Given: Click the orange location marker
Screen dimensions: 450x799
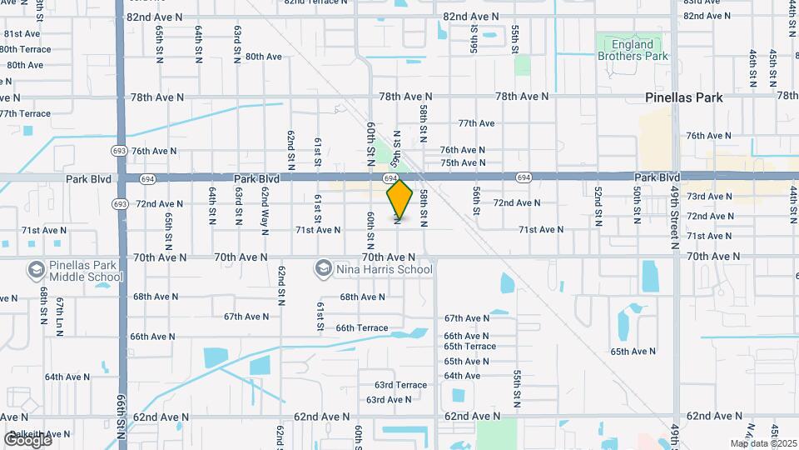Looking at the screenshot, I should point(400,199).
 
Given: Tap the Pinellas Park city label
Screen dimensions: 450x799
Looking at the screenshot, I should point(684,97).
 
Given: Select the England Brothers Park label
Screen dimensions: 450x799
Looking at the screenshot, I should point(633,50).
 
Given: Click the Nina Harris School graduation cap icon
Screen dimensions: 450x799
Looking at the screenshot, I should point(323,268).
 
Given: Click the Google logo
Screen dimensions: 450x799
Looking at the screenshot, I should point(27,439).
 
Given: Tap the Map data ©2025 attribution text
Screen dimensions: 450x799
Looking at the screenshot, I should point(762,443).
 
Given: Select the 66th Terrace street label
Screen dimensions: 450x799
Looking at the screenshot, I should point(362,328).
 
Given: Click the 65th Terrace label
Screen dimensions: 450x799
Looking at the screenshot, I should point(469,347).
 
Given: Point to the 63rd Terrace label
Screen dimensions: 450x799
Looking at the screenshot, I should point(400,385).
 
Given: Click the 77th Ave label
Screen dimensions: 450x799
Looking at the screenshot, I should point(476,123).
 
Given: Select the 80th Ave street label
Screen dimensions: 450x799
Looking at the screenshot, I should point(264,57).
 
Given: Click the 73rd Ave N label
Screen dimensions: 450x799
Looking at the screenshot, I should point(710,197).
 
